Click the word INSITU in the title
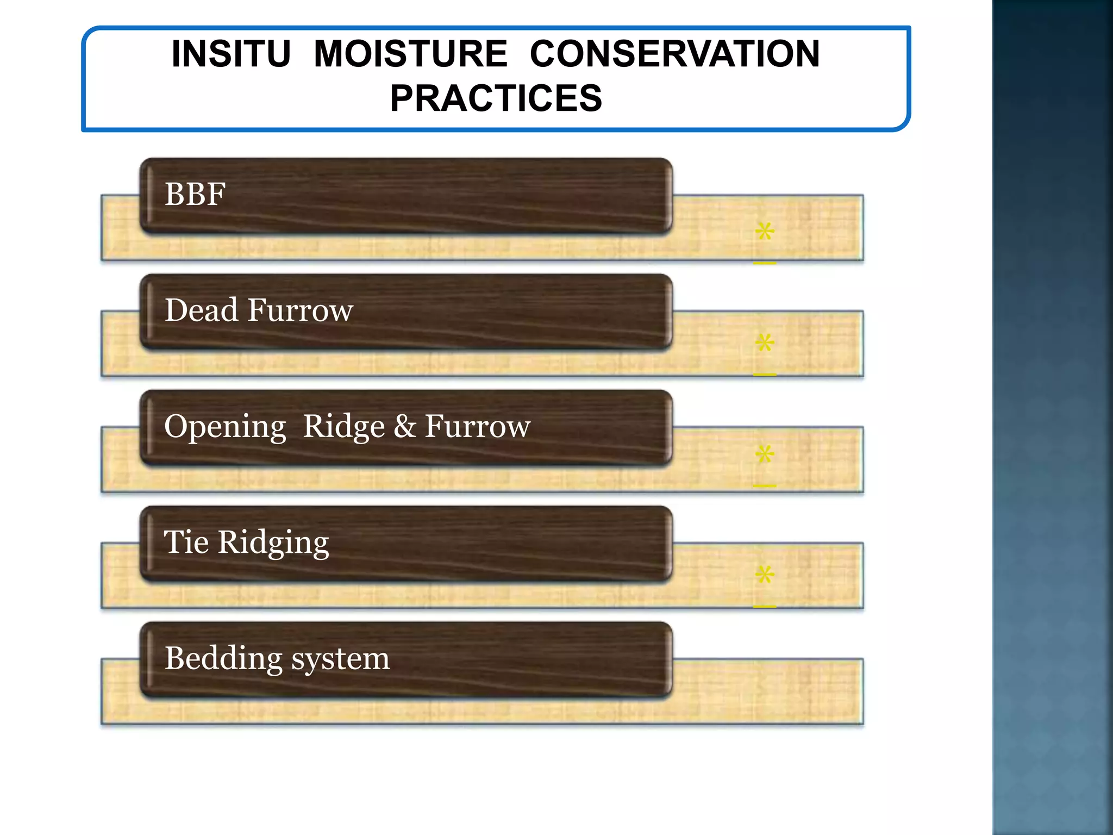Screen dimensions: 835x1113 click(231, 54)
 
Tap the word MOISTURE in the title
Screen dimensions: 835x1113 click(410, 54)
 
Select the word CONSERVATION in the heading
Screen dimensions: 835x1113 click(674, 54)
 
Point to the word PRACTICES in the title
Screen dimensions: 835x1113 click(496, 98)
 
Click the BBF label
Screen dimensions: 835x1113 click(195, 194)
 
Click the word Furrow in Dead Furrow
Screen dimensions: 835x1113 click(300, 310)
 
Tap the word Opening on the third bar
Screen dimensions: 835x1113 click(225, 427)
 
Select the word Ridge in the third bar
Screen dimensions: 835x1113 click(343, 426)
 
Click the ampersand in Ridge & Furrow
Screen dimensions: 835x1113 click(404, 426)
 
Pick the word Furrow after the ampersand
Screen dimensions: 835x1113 click(477, 426)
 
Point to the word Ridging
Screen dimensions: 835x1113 click(273, 543)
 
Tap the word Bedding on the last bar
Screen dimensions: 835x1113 click(223, 658)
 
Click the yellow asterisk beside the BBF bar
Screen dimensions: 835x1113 click(765, 232)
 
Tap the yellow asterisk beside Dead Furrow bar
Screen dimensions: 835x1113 click(765, 343)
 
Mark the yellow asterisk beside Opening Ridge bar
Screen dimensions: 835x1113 click(765, 454)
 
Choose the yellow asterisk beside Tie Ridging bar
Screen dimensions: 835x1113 click(765, 575)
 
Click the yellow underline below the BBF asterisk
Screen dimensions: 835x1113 click(765, 263)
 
